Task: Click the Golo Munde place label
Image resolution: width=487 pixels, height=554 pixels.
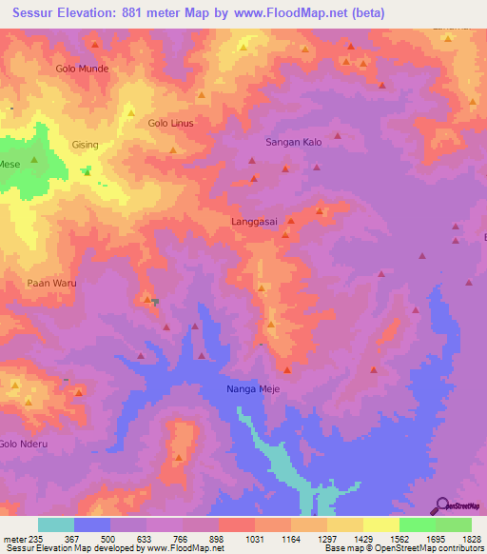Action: pos(82,69)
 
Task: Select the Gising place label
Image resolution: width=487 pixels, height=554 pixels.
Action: pos(86,145)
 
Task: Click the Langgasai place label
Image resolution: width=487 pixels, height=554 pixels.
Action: pos(254,221)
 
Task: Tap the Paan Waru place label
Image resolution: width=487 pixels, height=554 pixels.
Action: pos(51,284)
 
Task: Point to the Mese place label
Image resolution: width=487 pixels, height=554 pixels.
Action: pos(10,165)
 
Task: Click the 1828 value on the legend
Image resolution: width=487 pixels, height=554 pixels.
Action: pos(472,538)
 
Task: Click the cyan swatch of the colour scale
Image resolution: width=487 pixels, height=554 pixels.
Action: pos(56,524)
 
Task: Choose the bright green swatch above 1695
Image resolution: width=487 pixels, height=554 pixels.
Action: pos(417,524)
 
